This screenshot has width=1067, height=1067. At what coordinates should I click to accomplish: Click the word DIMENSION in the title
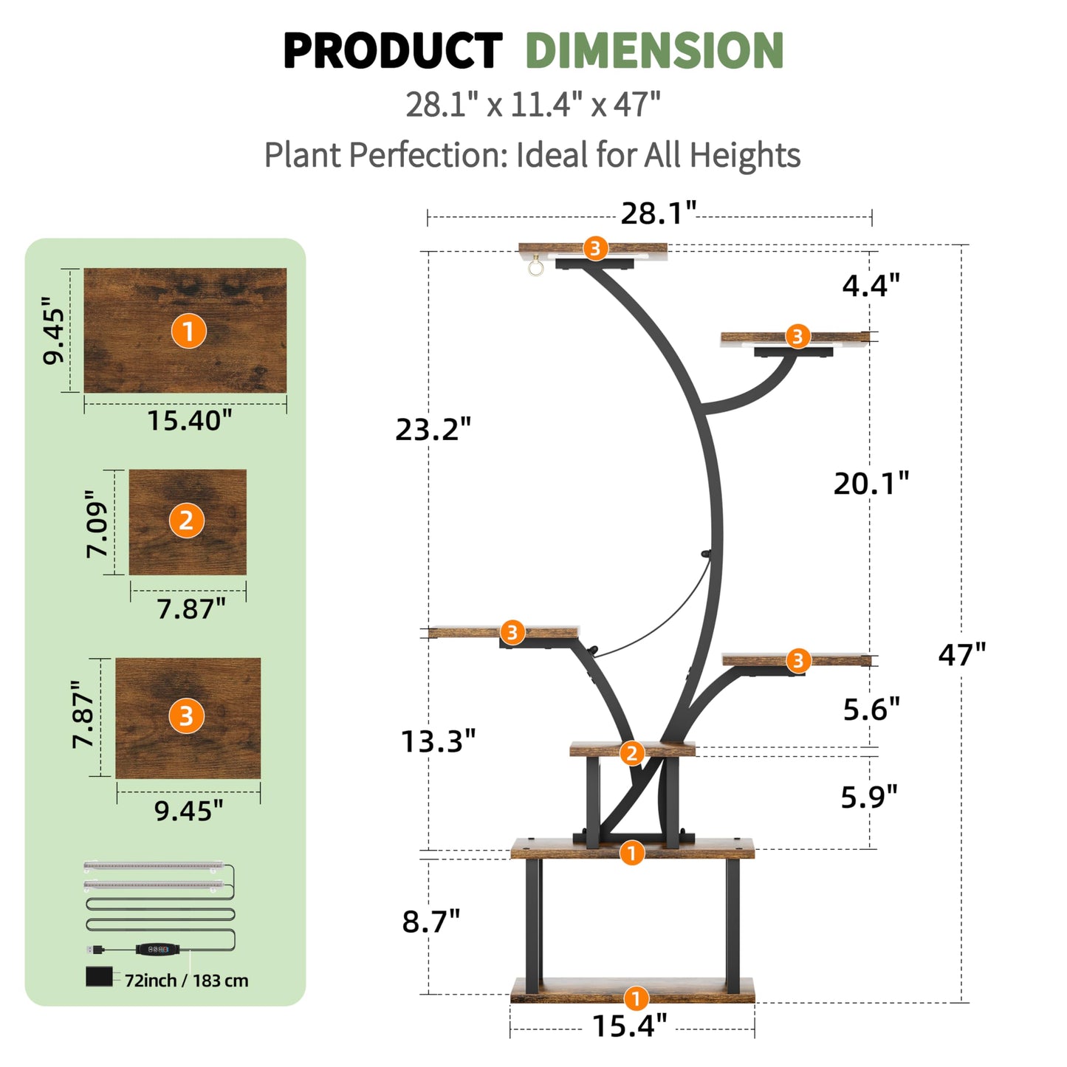point(654,51)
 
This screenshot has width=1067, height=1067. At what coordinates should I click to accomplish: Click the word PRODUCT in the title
point(393,51)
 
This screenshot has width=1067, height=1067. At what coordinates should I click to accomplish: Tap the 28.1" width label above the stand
point(659,213)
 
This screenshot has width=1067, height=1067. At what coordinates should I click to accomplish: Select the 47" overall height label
point(961,654)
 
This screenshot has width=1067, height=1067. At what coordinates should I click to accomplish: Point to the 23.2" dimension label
point(433,429)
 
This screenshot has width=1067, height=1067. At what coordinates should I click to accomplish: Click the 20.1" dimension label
point(871,484)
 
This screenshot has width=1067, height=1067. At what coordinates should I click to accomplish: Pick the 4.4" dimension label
point(871,285)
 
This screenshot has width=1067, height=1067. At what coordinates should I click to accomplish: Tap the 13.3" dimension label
point(438,741)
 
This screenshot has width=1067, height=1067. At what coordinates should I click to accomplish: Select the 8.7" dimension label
point(431,922)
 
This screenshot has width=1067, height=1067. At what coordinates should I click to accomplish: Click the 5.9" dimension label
point(869,797)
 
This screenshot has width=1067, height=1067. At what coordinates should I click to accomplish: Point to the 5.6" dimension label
point(871,709)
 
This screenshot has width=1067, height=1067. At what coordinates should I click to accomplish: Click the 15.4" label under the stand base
point(630,1026)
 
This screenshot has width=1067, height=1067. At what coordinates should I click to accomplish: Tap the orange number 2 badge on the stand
point(631,753)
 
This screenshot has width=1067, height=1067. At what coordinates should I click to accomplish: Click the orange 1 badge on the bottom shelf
point(636,998)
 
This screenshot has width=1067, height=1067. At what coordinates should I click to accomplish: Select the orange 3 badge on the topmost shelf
point(595,249)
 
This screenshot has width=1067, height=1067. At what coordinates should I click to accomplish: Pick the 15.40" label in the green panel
point(189,420)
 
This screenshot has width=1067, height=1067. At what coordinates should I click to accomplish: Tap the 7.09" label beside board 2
point(97,524)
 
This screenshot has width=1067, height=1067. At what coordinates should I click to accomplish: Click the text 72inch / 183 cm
point(186,981)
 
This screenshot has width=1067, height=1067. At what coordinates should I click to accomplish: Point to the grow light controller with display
point(157,950)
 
